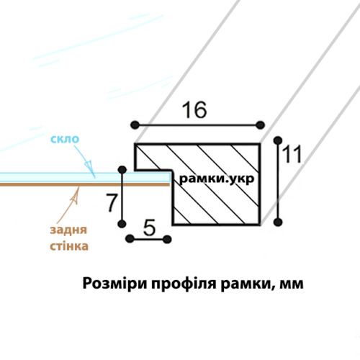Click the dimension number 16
pos(194,109)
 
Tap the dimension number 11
pos(292,154)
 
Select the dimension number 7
pos(112,203)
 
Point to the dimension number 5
pos(149,228)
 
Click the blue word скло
pos(65,139)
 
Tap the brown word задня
pos(68,230)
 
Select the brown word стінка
pos(69,246)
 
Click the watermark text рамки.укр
pos(217,179)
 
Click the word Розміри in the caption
pos(114,284)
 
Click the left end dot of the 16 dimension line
pos(135,125)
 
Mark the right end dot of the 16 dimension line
pos(260,125)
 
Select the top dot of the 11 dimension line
pos(278,140)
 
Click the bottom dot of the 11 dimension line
pos(278,222)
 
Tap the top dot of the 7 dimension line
pos(122,170)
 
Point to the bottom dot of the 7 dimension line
pos(122,224)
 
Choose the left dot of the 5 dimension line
pos(130,239)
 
